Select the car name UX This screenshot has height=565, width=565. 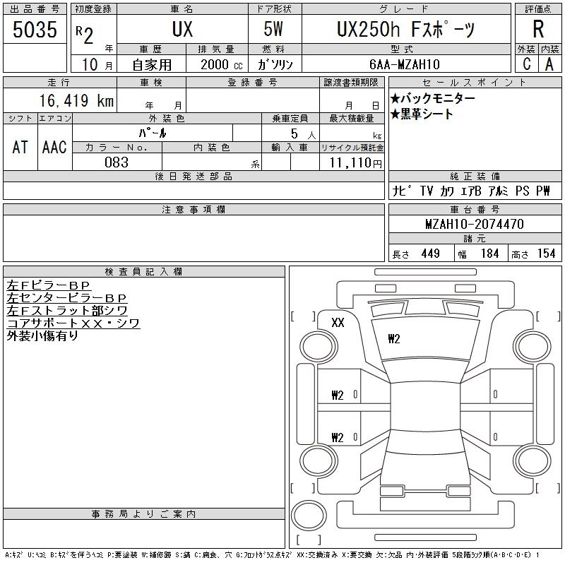(182, 30)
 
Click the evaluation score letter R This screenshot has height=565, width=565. (538, 30)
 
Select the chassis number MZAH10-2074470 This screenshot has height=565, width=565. (475, 224)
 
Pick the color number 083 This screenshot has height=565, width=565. (116, 162)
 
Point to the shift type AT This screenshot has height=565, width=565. (20, 148)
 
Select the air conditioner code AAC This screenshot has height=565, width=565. (54, 148)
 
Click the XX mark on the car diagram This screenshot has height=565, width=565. (338, 323)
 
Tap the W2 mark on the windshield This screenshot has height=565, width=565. (393, 339)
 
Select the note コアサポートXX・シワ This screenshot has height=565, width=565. (73, 323)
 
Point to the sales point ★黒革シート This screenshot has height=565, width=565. (422, 114)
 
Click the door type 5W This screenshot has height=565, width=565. (275, 30)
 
